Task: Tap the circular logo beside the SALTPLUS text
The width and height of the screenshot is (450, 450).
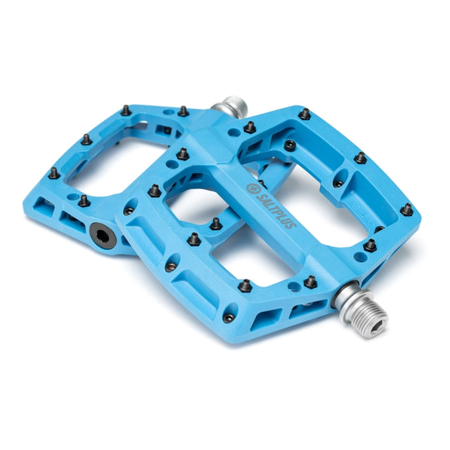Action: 252,188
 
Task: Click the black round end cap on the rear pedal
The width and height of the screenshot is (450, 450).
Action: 103,236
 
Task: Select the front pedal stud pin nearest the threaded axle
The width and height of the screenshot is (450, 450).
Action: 310,282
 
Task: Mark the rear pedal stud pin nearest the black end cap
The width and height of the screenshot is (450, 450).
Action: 84,201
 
